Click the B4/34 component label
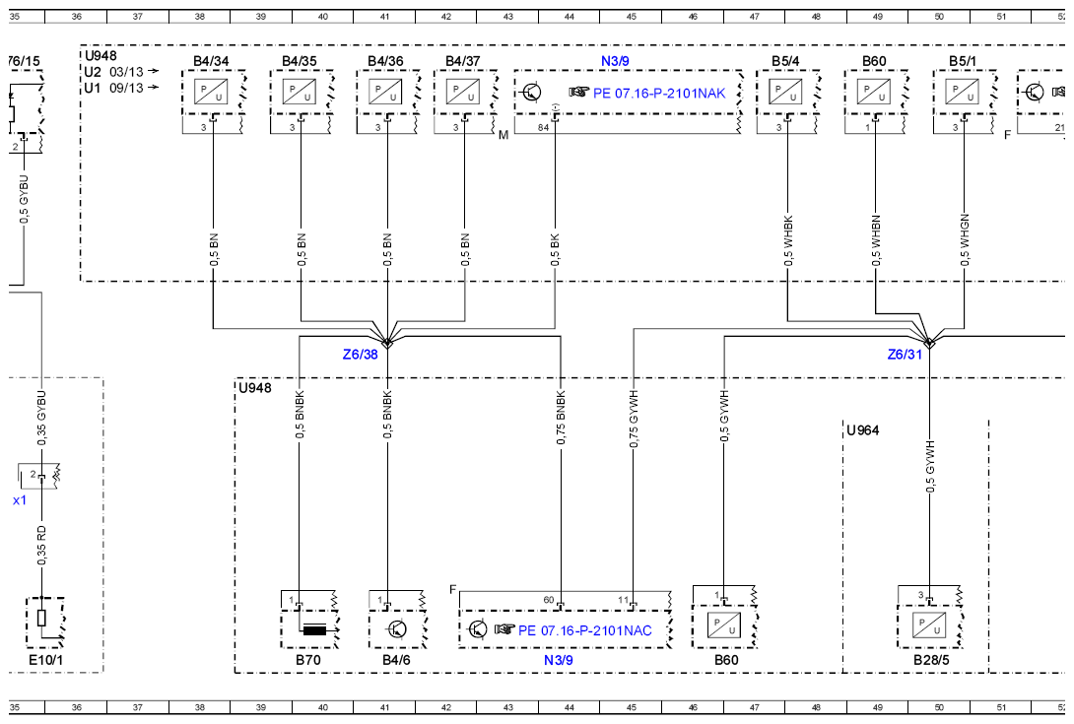[211, 61]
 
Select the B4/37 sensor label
[463, 61]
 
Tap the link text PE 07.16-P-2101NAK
[659, 94]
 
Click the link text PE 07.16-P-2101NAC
[585, 630]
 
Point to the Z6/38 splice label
[361, 355]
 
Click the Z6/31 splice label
[905, 355]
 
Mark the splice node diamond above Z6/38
[387, 342]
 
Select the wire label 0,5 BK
[555, 250]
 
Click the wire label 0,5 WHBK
[788, 241]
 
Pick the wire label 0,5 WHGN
[965, 239]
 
